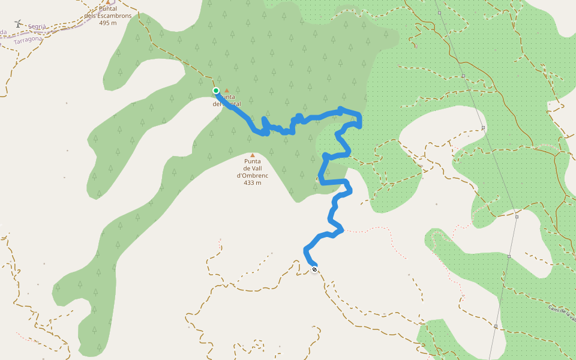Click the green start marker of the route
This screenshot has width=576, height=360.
point(216,91)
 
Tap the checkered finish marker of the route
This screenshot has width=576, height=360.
point(314,269)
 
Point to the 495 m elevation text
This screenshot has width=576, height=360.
point(108,23)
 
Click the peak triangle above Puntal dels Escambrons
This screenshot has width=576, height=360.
point(108,2)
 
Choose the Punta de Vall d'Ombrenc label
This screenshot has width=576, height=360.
point(252,168)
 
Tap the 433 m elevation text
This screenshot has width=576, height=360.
point(252,182)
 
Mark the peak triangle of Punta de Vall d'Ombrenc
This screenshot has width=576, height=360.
point(253,155)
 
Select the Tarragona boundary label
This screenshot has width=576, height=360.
point(28,39)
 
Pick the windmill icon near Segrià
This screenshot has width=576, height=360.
point(18,24)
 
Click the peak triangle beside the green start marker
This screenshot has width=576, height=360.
point(227,91)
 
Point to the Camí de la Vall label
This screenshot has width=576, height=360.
point(562,313)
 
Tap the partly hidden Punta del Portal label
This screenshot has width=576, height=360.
point(228,100)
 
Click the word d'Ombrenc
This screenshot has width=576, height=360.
point(252,175)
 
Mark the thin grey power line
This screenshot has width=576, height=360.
point(474,102)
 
